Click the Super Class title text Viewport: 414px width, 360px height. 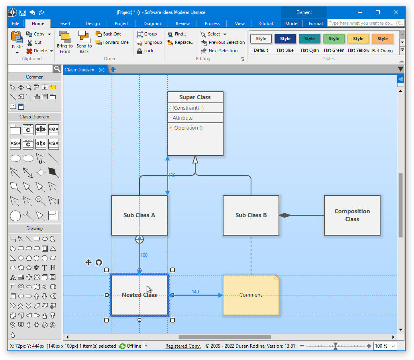[195, 97]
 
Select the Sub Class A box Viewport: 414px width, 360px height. [139, 215]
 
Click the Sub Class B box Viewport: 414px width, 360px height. [251, 215]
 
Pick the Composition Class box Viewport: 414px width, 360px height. [352, 215]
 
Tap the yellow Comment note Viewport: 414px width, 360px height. [251, 295]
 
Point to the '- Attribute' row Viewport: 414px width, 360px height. [181, 118]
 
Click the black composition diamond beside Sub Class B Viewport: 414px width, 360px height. [285, 215]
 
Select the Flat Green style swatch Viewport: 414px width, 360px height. [334, 39]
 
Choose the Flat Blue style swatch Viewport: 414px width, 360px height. [285, 39]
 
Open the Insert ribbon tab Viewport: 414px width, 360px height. [65, 24]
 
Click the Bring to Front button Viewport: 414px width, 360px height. [65, 42]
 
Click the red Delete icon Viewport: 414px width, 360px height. [29, 51]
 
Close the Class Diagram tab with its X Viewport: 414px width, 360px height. [102, 70]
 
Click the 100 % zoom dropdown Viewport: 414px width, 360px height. [386, 346]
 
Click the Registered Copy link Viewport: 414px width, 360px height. [183, 346]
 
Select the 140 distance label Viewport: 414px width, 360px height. [195, 292]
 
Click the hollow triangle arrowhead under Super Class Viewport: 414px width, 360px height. [195, 159]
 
